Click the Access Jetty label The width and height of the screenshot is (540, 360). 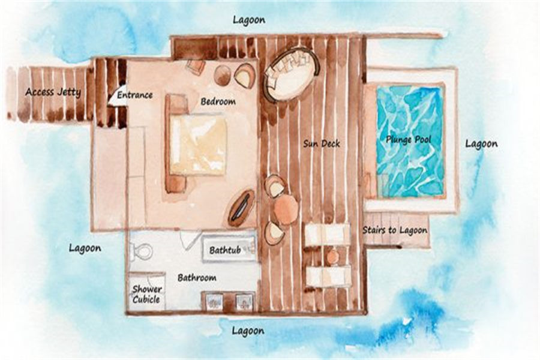point(53,92)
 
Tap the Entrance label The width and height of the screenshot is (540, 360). point(134,95)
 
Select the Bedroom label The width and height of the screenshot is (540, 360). point(218,101)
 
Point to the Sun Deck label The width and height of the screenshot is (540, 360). point(322,143)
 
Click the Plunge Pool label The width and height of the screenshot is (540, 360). point(409,140)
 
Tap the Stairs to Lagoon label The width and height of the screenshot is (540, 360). point(395,230)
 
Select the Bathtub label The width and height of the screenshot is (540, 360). point(225,250)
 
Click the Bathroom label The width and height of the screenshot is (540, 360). point(197,277)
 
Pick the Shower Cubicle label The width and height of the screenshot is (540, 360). point(146,294)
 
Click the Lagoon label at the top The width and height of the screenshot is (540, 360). point(249,20)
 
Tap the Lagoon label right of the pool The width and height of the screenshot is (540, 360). point(481,143)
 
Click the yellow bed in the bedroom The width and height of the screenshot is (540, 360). point(198,145)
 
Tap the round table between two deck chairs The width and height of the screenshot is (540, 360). point(286,209)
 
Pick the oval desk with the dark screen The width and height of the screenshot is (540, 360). point(241,208)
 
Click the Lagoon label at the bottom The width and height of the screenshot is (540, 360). point(248,331)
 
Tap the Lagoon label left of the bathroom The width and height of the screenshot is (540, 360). point(85,248)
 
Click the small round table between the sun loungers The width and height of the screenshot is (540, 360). point(333,256)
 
